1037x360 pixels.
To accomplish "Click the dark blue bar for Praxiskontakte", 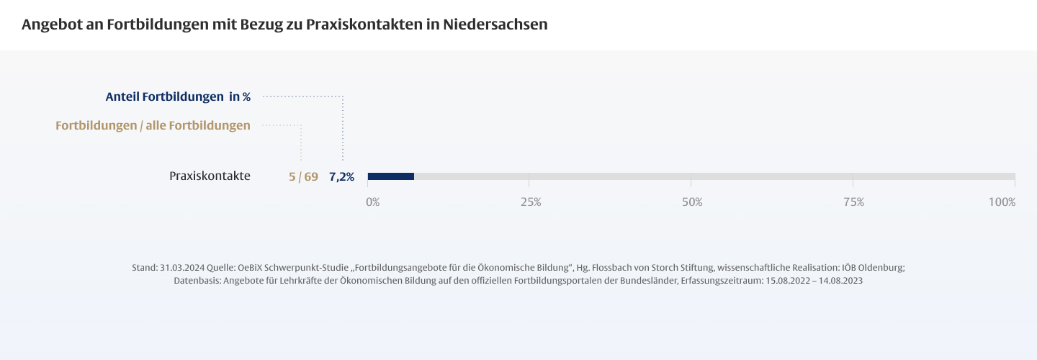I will (x=390, y=176).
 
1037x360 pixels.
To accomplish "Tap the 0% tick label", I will (x=372, y=202).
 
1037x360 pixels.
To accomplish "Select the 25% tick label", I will (x=531, y=202).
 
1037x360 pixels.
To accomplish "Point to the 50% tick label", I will (x=692, y=202).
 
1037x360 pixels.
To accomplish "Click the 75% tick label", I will (x=853, y=202).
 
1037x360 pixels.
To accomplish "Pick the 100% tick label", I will (x=1002, y=202).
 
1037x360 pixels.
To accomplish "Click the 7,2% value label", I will (x=341, y=176).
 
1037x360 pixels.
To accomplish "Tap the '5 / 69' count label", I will (x=303, y=176).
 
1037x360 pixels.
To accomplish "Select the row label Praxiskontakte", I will (x=210, y=176).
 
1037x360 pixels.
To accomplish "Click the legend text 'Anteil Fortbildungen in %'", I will (x=178, y=96).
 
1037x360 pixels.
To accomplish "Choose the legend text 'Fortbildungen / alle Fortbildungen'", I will (x=153, y=125).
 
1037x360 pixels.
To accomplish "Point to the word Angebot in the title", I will (x=50, y=24).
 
